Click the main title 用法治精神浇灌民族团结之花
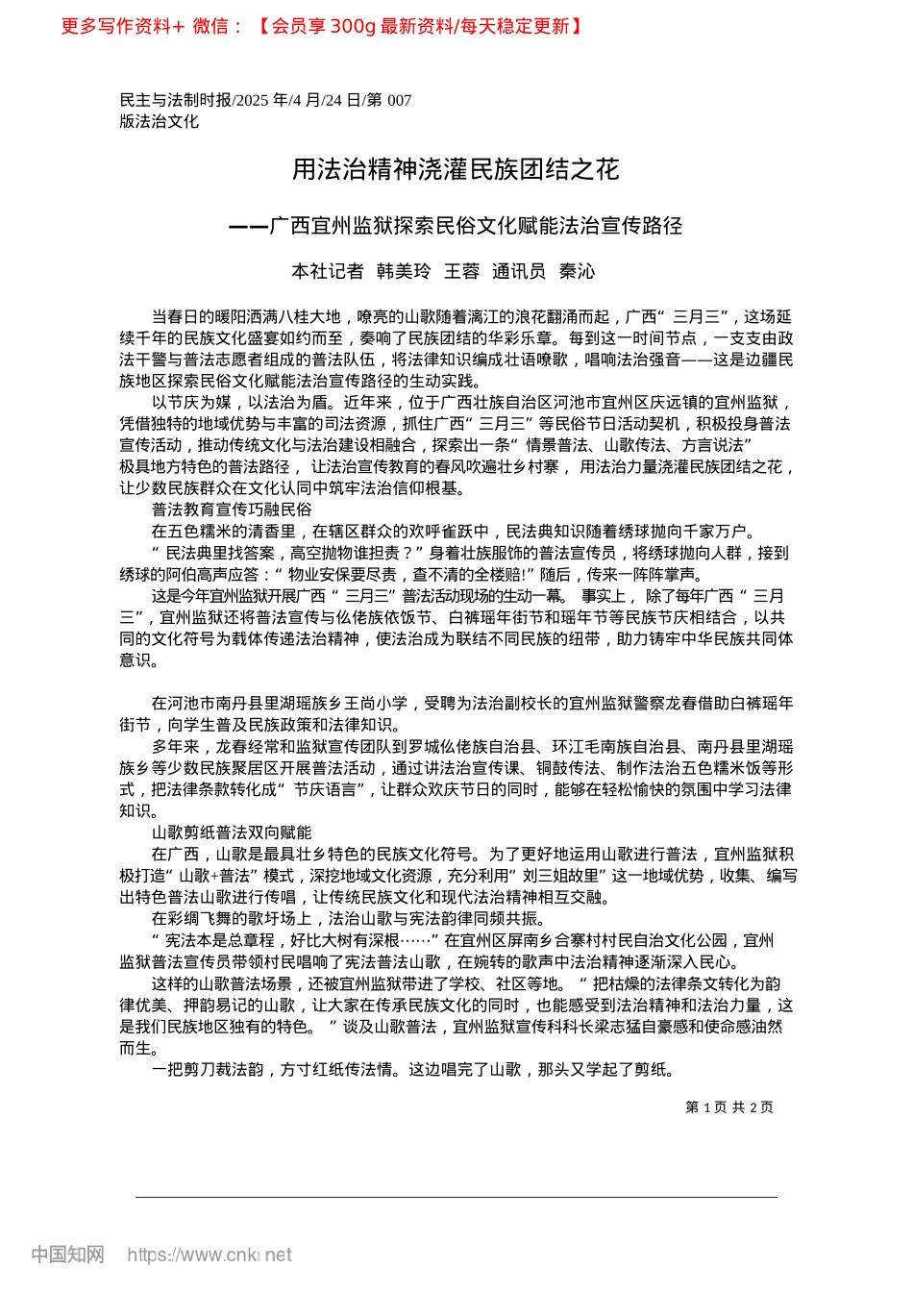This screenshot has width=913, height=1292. click(x=456, y=170)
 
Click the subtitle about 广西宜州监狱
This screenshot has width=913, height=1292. click(x=456, y=226)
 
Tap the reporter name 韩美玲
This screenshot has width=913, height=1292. click(x=404, y=271)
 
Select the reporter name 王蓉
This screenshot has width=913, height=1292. click(x=461, y=271)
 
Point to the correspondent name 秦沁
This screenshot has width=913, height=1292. click(x=577, y=271)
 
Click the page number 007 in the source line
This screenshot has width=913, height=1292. click(x=399, y=100)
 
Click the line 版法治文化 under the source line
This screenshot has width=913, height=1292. click(x=160, y=121)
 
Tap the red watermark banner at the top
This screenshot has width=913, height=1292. click(x=322, y=26)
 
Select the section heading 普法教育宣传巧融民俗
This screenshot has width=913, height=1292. click(x=232, y=509)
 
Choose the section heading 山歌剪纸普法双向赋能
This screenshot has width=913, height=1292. click(x=232, y=832)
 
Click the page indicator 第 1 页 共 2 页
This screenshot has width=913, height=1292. click(x=729, y=1107)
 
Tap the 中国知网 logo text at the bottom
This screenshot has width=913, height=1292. click(x=67, y=1255)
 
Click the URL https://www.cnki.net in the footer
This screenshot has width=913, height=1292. click(x=210, y=1255)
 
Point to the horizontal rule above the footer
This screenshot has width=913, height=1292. click(x=456, y=1197)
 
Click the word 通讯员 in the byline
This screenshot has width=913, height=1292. click(x=519, y=271)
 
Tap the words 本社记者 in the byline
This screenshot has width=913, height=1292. click(x=328, y=271)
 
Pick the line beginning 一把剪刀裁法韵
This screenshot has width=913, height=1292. click(x=413, y=1069)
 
